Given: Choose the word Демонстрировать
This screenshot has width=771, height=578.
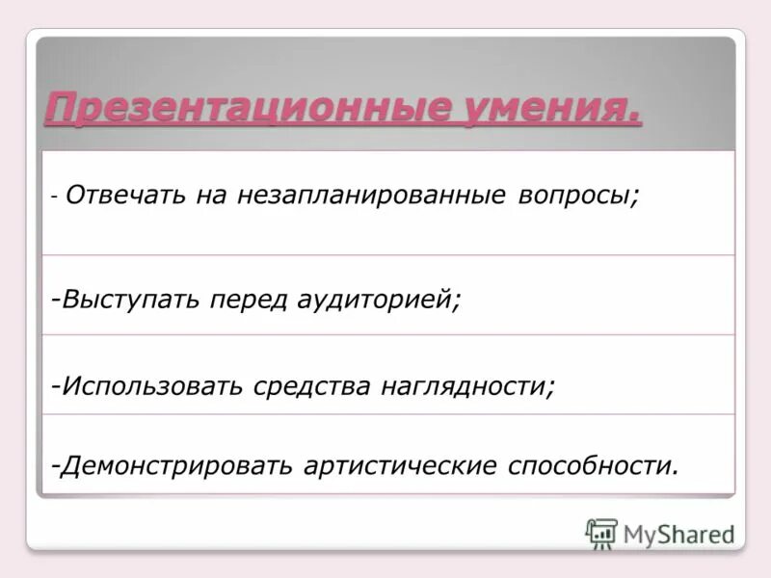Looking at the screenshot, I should tap(177, 465).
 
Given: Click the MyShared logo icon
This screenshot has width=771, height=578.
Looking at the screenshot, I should tap(601, 533).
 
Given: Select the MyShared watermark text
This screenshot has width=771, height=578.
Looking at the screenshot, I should tap(678, 534).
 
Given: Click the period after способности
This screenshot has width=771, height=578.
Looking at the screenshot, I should tap(676, 472).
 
